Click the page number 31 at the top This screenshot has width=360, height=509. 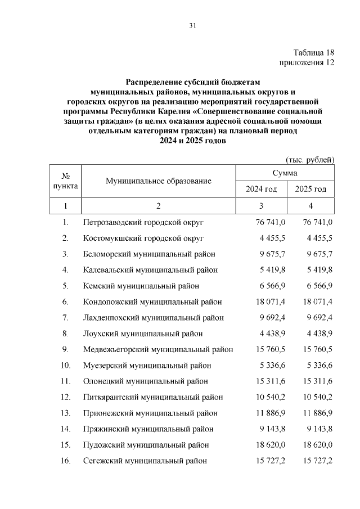(x=192, y=25)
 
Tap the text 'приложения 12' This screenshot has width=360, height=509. (x=307, y=62)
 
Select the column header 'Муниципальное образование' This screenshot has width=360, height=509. (x=158, y=181)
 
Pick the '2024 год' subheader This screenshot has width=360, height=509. (x=262, y=189)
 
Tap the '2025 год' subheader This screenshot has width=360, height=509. (x=310, y=189)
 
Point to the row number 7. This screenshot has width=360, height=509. (x=66, y=318)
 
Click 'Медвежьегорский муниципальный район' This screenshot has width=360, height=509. (x=158, y=349)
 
